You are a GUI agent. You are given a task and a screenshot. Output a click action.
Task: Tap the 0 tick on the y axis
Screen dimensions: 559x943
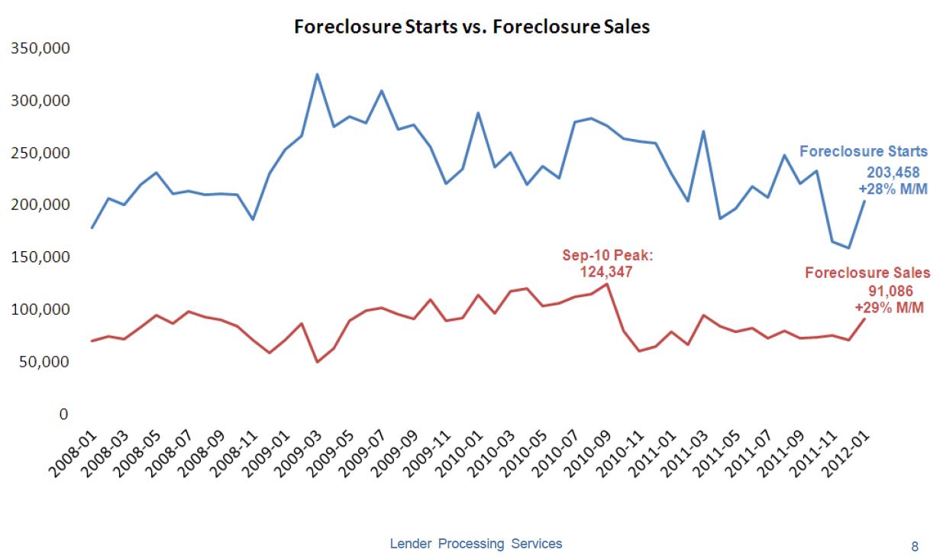click(x=64, y=414)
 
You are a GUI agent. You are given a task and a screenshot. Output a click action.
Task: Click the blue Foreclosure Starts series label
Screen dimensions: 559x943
click(x=864, y=151)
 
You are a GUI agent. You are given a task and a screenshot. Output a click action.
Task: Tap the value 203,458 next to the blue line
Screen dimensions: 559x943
click(x=891, y=173)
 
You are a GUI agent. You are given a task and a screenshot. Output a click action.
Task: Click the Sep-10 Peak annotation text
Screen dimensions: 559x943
click(x=598, y=257)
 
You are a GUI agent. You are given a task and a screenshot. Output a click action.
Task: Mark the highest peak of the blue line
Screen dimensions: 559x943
click(x=317, y=74)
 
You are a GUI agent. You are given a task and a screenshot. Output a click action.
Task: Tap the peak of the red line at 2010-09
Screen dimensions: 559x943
click(x=607, y=284)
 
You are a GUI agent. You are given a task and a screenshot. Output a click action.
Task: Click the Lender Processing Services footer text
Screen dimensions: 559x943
click(x=476, y=544)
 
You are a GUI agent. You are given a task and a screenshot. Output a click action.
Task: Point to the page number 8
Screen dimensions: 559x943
click(x=915, y=546)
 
